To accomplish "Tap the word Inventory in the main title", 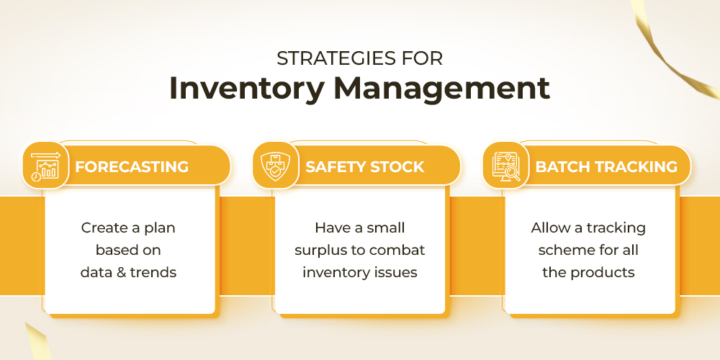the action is tap(246, 88).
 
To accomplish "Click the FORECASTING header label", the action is tap(132, 167).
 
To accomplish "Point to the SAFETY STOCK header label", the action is tap(364, 167).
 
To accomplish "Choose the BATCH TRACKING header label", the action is tap(606, 167).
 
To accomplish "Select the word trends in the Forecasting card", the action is tap(153, 272).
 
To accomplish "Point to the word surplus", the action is tap(323, 251).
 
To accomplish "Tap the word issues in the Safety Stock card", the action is tap(397, 272).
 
